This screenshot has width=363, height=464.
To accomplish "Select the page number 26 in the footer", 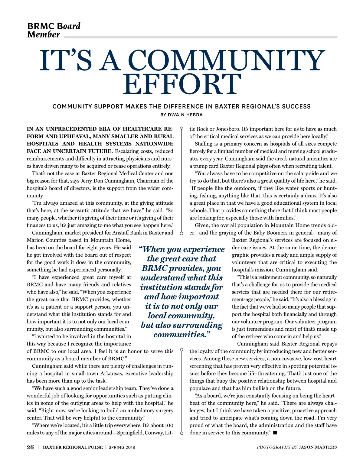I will [30, 447].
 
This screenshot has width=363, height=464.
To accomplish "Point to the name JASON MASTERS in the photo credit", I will [318, 447].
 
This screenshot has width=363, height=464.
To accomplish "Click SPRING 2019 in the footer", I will [122, 447].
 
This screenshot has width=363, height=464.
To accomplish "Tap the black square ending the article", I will [275, 433].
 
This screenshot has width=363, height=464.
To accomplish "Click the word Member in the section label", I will [44, 34].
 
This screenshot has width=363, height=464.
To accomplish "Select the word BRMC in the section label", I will [41, 26].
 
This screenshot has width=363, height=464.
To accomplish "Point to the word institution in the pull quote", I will [163, 287].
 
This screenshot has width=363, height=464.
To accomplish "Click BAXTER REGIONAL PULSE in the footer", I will [73, 447].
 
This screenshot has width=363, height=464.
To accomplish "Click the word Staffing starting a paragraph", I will [203, 144].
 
